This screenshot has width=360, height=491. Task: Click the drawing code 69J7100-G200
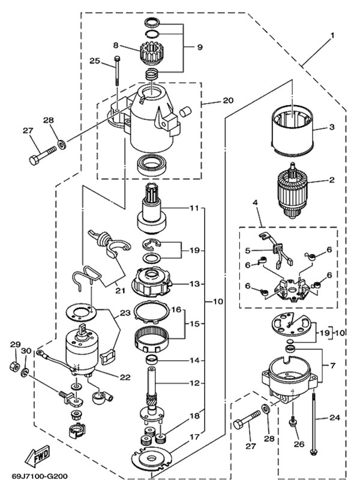click(x=40, y=476)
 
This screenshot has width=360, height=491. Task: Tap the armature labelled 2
click(x=292, y=191)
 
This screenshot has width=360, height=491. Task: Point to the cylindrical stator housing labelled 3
click(x=292, y=130)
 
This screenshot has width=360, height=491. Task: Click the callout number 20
click(x=228, y=100)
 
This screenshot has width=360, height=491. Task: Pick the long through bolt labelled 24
click(x=314, y=423)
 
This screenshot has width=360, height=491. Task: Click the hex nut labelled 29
click(x=14, y=366)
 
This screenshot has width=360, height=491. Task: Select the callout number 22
click(x=125, y=378)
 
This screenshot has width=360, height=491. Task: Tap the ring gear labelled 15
click(x=152, y=340)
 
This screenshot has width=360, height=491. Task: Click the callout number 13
click(x=194, y=284)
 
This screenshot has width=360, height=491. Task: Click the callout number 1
click(x=332, y=35)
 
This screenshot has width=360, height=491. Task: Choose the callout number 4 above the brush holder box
click(x=255, y=203)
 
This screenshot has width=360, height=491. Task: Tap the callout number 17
click(x=194, y=436)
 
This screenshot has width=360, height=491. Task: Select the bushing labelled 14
click(x=152, y=360)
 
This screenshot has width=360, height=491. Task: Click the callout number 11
click(x=194, y=208)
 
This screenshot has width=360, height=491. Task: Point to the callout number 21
click(x=120, y=291)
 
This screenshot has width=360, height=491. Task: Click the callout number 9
click(x=200, y=47)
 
